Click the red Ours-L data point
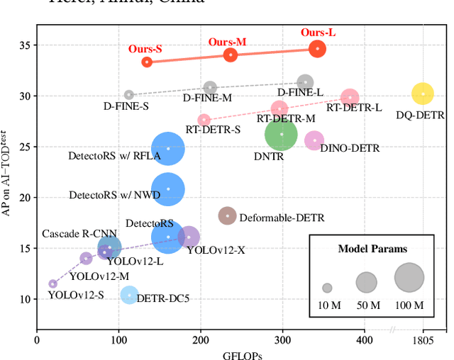(x=318, y=48)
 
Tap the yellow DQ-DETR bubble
(x=422, y=94)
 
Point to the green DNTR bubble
(x=282, y=134)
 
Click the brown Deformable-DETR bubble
(x=227, y=215)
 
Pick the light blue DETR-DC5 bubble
(x=128, y=294)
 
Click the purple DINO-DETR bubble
(x=314, y=140)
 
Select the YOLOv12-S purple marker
(x=52, y=283)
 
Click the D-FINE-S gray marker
(x=129, y=94)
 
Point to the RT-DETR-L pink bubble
(x=350, y=98)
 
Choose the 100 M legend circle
(x=408, y=278)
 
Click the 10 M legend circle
(x=327, y=288)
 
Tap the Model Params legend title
(x=372, y=249)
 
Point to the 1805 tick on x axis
(x=423, y=341)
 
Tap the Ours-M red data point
(x=231, y=55)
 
